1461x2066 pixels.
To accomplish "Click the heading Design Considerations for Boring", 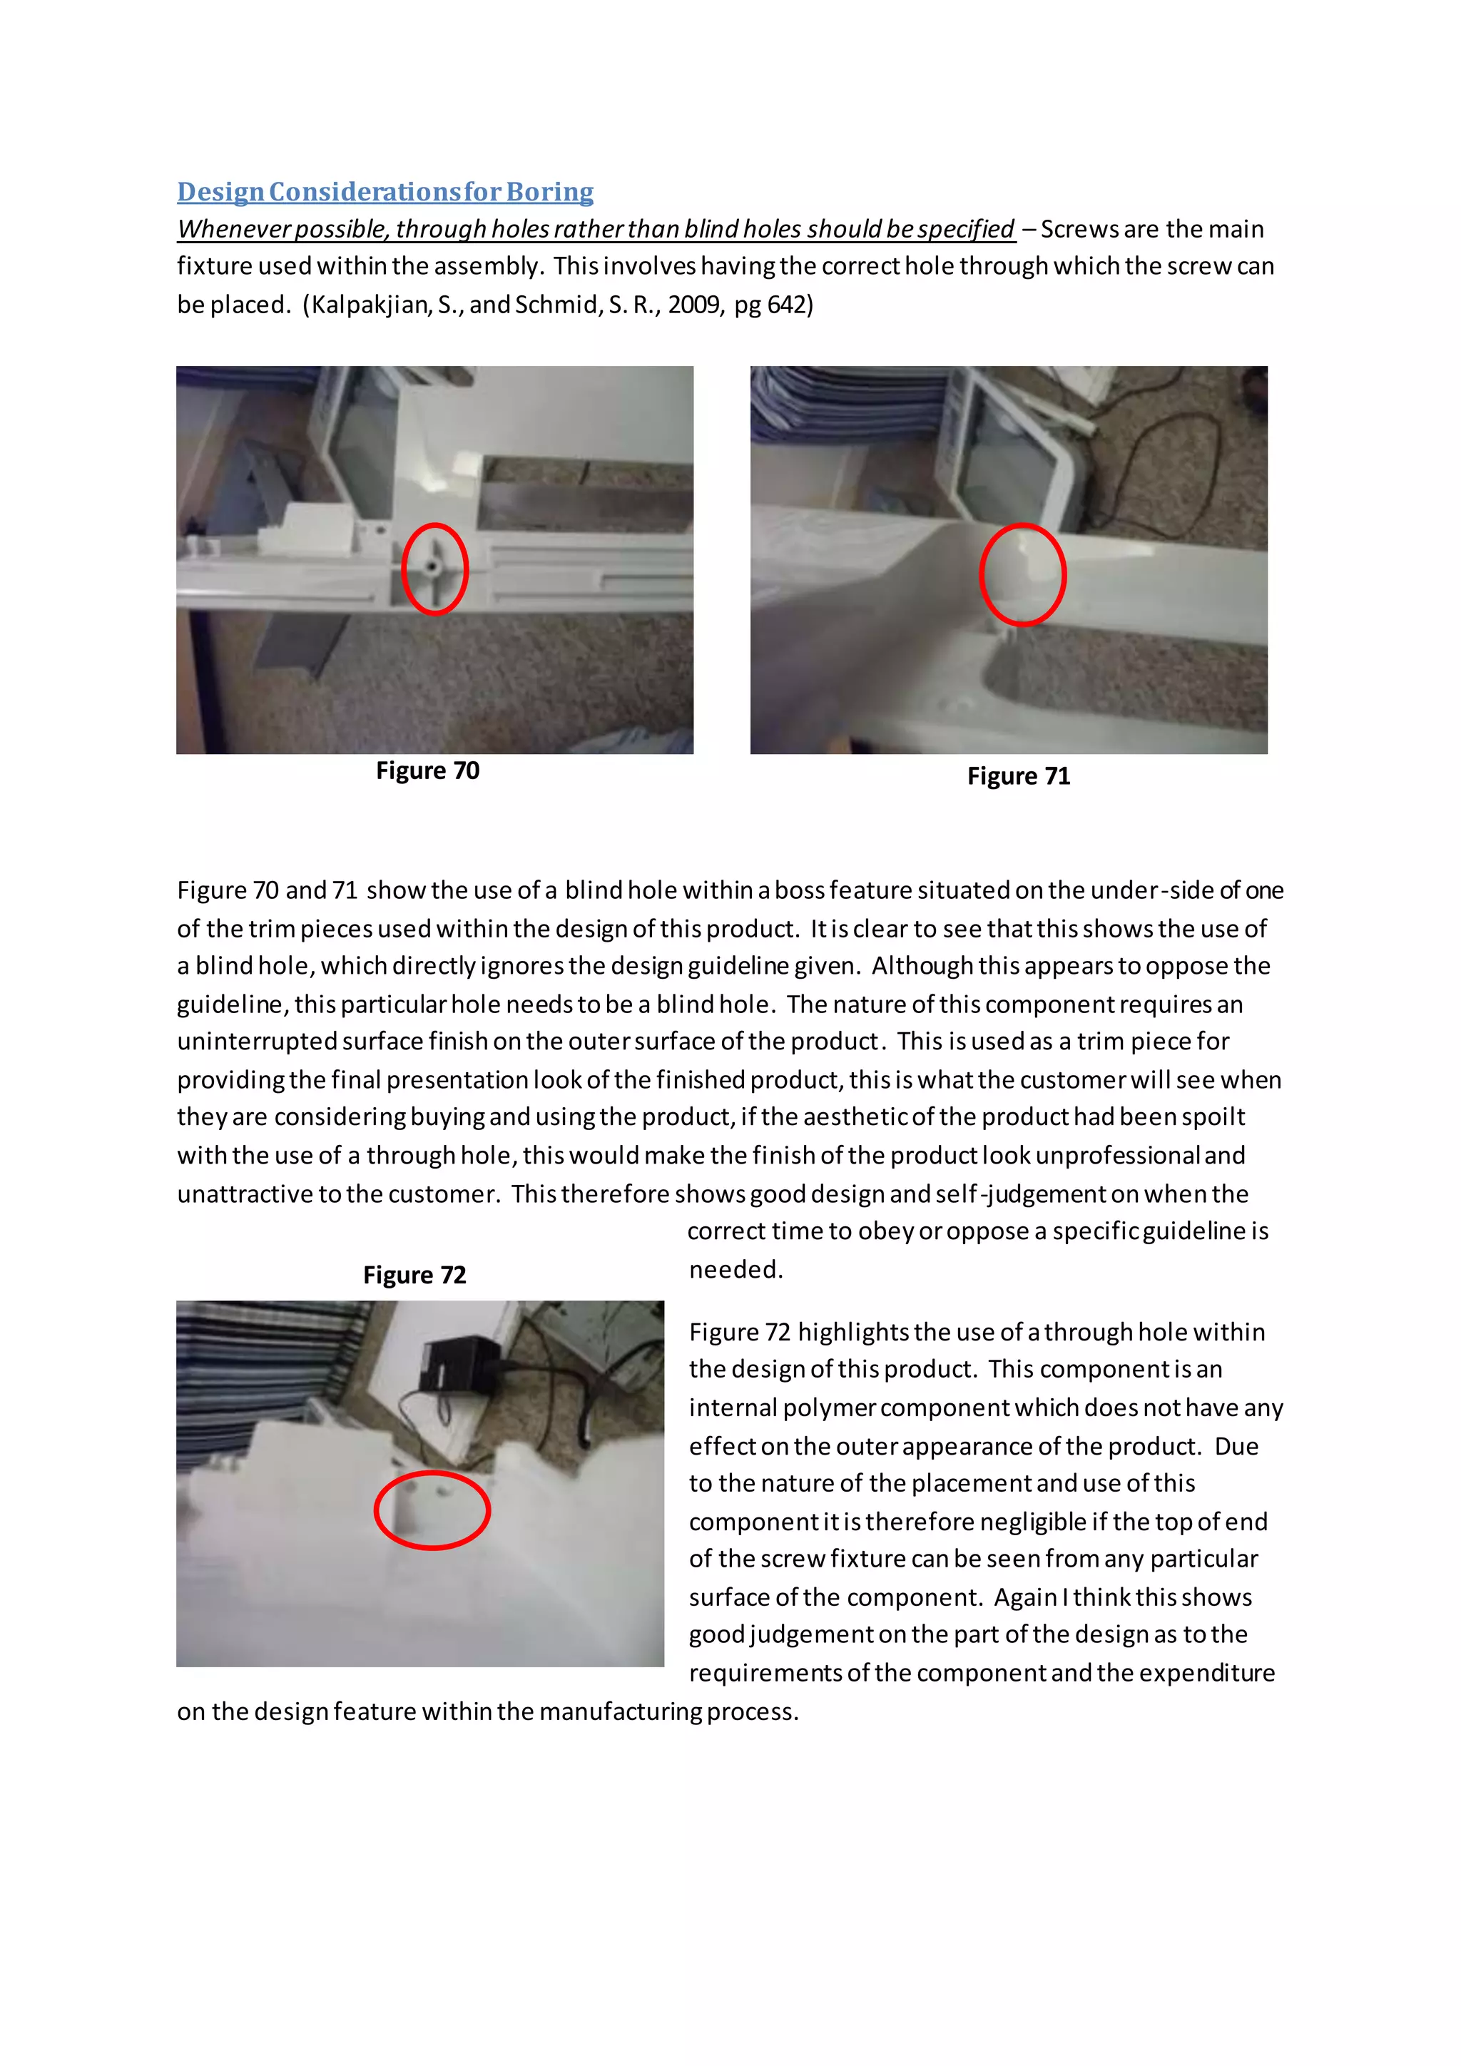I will click(x=385, y=192).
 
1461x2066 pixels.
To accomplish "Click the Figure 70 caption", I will click(x=427, y=770).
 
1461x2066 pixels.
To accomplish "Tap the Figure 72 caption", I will click(x=414, y=1274).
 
